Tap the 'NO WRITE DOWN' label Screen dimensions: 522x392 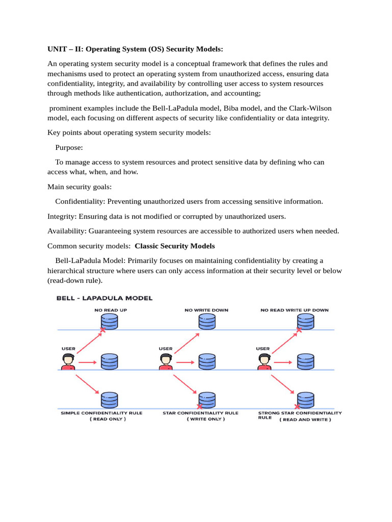[206, 310]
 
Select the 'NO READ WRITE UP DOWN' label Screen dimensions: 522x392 [295, 310]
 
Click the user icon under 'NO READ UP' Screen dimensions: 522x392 [68, 362]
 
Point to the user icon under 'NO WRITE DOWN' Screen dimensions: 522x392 [165, 362]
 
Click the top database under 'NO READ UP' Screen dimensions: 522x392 [109, 322]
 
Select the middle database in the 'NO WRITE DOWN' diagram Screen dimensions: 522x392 [207, 361]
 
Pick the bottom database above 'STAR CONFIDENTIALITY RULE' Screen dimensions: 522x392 [207, 399]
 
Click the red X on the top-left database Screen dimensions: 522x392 [103, 330]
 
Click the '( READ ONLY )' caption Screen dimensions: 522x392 [108, 419]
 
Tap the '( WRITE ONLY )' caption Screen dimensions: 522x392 [206, 419]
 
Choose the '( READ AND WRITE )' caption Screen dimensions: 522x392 [305, 420]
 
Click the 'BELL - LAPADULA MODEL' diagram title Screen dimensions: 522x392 [104, 298]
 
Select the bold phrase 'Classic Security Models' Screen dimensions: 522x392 [175, 246]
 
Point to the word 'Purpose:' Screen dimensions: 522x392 [69, 147]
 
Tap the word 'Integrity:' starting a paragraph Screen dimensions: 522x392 [62, 216]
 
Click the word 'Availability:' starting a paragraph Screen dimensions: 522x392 [66, 231]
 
